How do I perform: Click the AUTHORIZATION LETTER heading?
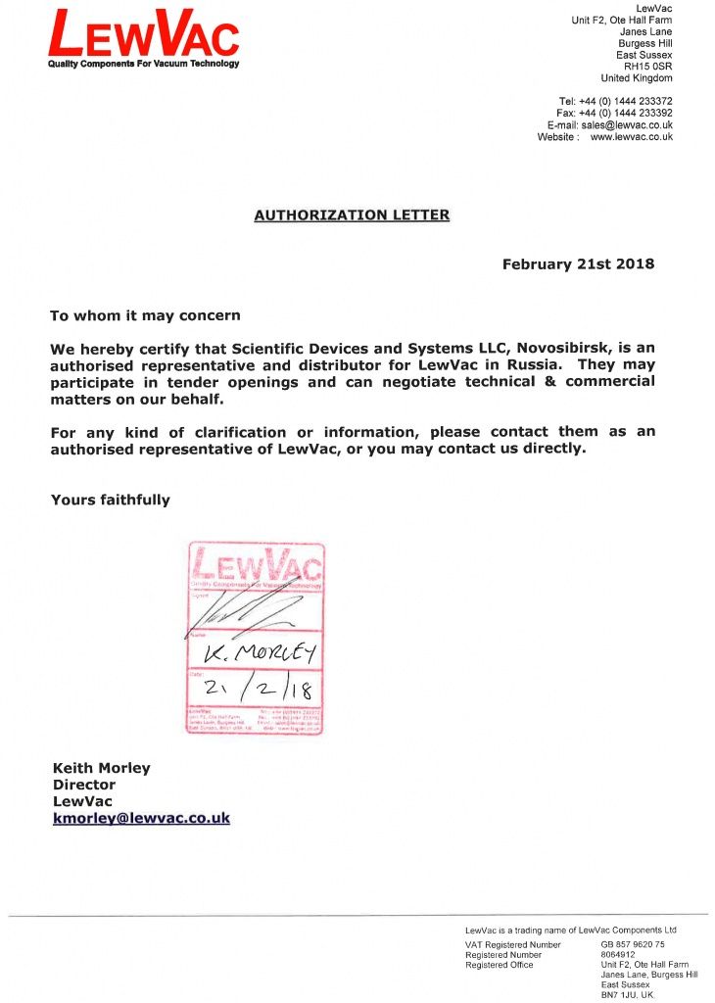[x=352, y=215]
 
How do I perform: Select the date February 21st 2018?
[x=578, y=264]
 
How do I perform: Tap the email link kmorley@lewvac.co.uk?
[x=141, y=818]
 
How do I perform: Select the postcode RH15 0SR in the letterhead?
[x=647, y=67]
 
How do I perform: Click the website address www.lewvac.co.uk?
[x=631, y=137]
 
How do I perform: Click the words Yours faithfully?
[x=110, y=500]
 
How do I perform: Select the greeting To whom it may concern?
[x=145, y=316]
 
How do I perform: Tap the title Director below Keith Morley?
[x=83, y=785]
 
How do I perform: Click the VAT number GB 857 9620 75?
[x=633, y=944]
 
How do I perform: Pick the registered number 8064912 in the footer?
[x=618, y=954]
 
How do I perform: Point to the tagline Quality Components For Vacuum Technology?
[x=144, y=64]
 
